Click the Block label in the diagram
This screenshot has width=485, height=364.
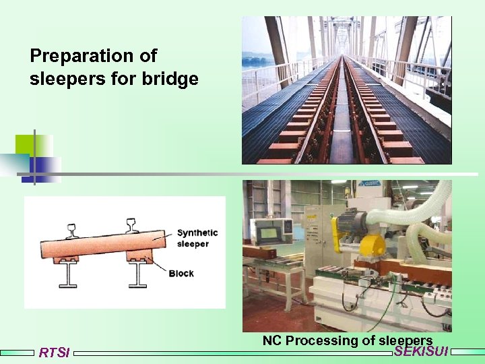tap(181, 273)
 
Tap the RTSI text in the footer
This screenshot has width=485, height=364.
tap(54, 353)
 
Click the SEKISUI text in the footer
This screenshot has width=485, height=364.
tap(421, 351)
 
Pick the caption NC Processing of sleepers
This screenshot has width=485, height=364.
tap(347, 340)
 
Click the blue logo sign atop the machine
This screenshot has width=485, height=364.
tap(370, 183)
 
